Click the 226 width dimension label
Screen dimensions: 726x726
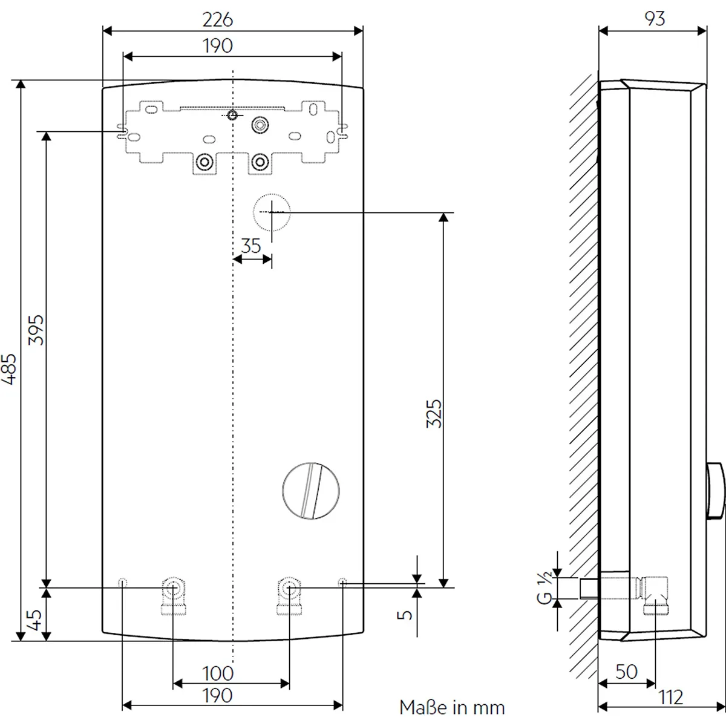point(218,19)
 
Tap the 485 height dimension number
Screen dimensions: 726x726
point(8,369)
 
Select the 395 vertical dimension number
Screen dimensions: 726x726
point(36,330)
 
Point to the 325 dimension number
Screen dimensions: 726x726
point(434,413)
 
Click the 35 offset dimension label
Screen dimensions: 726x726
point(251,246)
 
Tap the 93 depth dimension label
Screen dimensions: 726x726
point(655,19)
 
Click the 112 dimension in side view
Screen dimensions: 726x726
point(670,698)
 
